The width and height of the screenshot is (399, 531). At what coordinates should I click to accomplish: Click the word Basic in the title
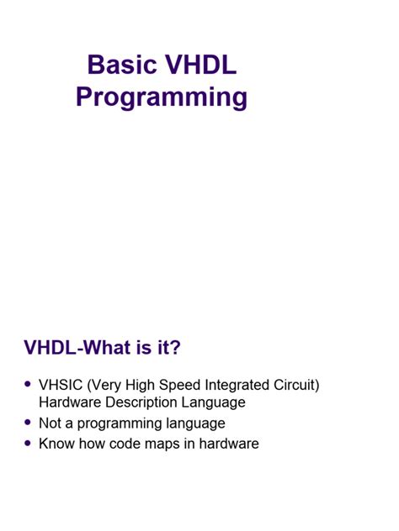(122, 65)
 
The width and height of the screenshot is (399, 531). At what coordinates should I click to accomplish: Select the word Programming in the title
(162, 97)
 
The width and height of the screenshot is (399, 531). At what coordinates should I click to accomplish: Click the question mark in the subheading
(175, 347)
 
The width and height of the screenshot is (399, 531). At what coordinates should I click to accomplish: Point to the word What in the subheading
(107, 347)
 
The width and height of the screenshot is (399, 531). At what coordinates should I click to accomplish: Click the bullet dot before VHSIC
(28, 384)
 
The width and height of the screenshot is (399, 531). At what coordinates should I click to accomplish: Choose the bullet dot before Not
(28, 423)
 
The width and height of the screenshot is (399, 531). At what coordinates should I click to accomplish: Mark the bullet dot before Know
(28, 443)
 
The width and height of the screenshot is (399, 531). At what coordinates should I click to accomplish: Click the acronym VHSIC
(61, 385)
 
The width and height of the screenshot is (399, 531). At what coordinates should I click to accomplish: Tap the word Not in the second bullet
(50, 423)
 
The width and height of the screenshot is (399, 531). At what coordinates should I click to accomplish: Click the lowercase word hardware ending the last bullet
(229, 444)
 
